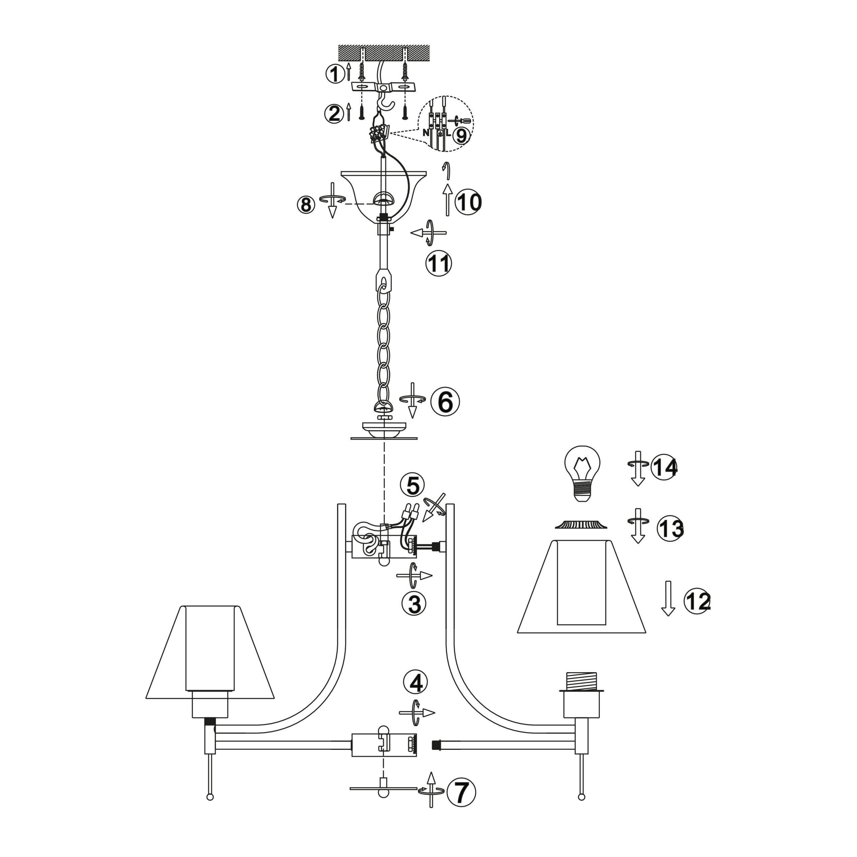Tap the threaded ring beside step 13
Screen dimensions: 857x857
[x=581, y=524]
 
